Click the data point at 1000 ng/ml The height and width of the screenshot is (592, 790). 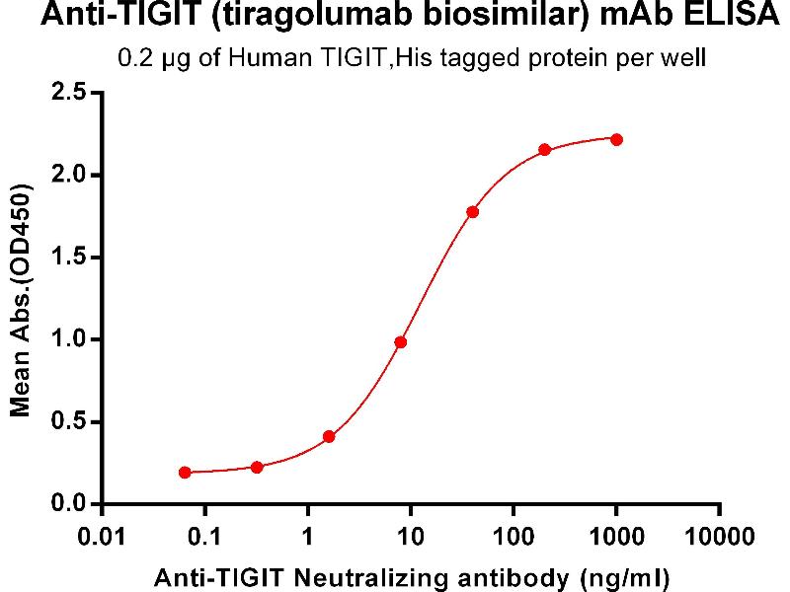(x=616, y=139)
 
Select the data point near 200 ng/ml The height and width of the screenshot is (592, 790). (x=544, y=150)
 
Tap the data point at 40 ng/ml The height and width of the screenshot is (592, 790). (x=473, y=212)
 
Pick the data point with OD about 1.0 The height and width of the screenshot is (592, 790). (x=400, y=342)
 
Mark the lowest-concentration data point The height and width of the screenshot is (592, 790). (x=185, y=473)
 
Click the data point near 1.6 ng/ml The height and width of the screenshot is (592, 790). (x=329, y=436)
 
